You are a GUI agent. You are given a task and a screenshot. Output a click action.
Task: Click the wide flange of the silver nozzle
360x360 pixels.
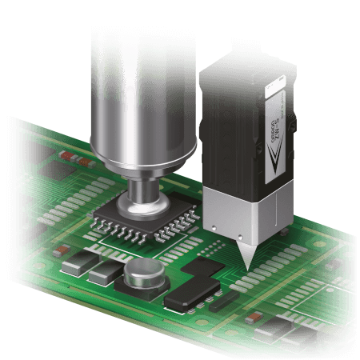[143, 160]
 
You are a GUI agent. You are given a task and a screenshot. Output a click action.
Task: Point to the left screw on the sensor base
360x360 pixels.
[214, 232]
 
